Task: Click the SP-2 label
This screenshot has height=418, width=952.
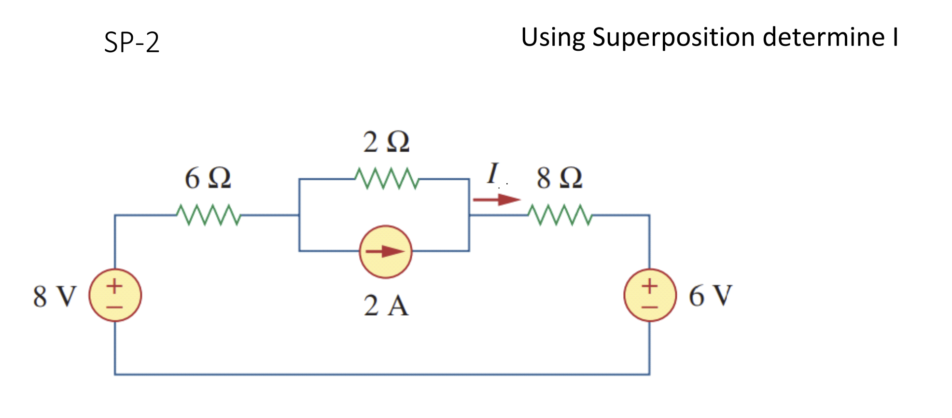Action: point(132,43)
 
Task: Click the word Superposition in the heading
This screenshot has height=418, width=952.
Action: point(673,38)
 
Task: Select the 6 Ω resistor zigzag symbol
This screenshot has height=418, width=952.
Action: point(209,215)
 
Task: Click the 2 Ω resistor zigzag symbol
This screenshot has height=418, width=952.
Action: point(387,179)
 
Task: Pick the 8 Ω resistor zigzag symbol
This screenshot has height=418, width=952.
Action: point(560,215)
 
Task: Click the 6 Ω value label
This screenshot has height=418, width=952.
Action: point(208,178)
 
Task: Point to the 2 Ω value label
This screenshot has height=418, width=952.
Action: point(386,142)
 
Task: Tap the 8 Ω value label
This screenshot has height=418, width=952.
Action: point(560,178)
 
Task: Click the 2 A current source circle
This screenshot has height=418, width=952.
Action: point(386,251)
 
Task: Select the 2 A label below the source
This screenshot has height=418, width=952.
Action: point(386,306)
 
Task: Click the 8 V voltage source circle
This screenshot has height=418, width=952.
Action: point(115,295)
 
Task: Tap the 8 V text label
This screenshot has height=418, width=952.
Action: point(55,296)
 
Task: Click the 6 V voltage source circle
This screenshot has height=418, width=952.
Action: point(650,295)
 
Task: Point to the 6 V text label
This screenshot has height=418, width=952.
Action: point(710,296)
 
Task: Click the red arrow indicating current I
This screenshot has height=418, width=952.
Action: point(496,200)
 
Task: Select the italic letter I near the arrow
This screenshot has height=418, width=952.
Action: point(492,173)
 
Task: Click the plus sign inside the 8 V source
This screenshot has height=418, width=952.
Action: point(114,286)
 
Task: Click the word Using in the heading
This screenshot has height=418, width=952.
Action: point(553,38)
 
